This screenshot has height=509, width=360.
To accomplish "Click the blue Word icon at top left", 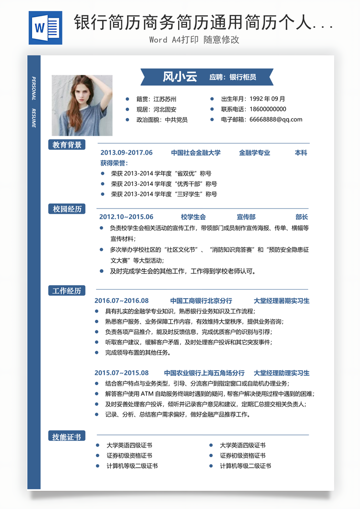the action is [x=46, y=28].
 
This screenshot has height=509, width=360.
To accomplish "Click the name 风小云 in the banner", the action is [x=180, y=77].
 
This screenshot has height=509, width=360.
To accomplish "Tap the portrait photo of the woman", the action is [x=82, y=105].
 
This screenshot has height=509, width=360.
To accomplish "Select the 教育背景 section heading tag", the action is [x=67, y=145].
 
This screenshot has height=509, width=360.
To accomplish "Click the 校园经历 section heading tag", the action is [x=67, y=209].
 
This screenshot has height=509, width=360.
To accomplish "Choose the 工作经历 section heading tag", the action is [x=67, y=291].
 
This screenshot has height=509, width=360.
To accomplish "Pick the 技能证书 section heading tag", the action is [x=67, y=436].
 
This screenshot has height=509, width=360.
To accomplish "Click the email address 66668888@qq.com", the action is [x=276, y=120].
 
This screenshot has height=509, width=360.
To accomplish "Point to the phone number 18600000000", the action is [x=267, y=109].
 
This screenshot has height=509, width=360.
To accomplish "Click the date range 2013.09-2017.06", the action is [x=126, y=153].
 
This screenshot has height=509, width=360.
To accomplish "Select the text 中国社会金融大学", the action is [x=196, y=153].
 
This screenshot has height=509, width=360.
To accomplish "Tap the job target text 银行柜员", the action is [x=243, y=77].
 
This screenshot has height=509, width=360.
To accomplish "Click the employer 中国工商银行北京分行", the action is [x=201, y=301].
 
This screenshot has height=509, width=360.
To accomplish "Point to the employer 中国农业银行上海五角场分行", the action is [x=204, y=373].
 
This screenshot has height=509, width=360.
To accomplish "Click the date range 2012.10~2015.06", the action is [x=126, y=217].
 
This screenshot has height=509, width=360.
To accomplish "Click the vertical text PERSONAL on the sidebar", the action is [x=34, y=89].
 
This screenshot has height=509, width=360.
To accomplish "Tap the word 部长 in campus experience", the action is [x=302, y=217].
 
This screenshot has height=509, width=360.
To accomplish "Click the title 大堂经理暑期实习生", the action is [x=281, y=301].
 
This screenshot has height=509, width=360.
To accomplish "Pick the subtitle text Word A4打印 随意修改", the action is [x=194, y=40].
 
